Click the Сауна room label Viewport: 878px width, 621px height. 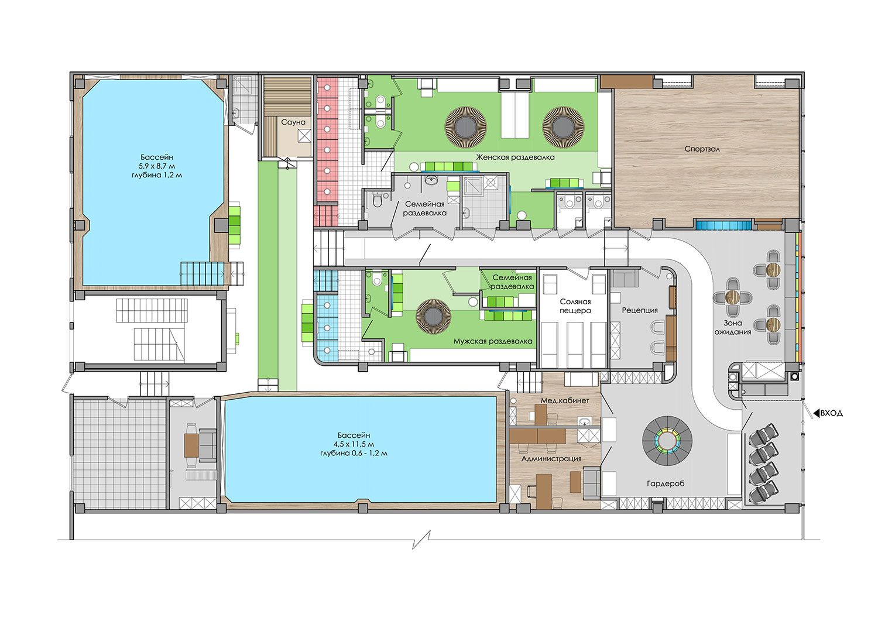pyautogui.click(x=293, y=122)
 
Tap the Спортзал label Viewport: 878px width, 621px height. pyautogui.click(x=702, y=149)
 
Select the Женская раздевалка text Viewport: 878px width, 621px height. pyautogui.click(x=516, y=157)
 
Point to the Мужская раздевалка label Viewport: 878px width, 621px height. pyautogui.click(x=493, y=341)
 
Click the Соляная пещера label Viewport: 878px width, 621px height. pyautogui.click(x=575, y=306)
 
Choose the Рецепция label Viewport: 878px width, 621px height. pyautogui.click(x=640, y=310)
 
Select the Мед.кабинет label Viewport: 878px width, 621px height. pyautogui.click(x=565, y=401)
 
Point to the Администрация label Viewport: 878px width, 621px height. pyautogui.click(x=551, y=458)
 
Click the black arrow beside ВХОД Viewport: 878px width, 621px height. pyautogui.click(x=817, y=413)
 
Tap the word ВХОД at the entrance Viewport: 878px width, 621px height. pyautogui.click(x=831, y=413)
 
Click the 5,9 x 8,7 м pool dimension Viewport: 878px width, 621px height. pyautogui.click(x=156, y=166)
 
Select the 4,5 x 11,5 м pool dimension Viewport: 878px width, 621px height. pyautogui.click(x=353, y=444)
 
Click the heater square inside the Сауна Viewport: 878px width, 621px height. pyautogui.click(x=304, y=136)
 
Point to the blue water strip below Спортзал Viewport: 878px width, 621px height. pyautogui.click(x=723, y=225)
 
